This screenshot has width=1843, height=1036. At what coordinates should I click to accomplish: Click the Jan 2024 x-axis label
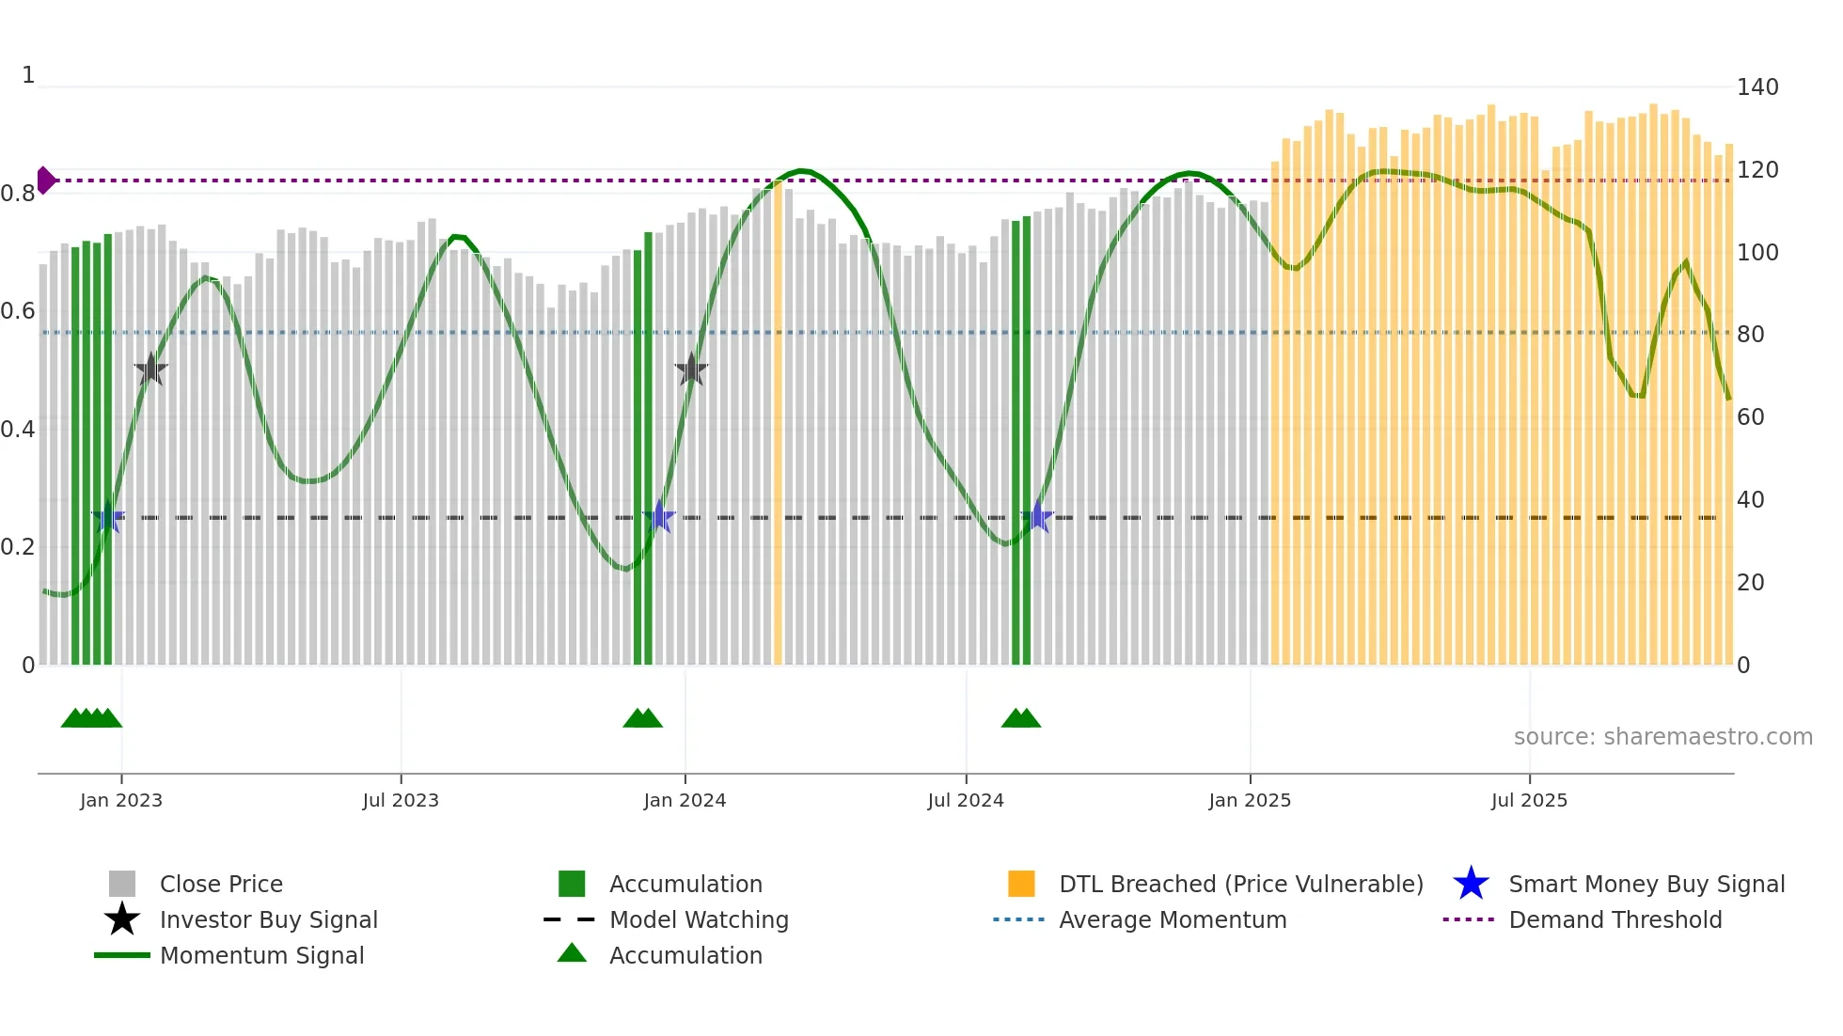685,800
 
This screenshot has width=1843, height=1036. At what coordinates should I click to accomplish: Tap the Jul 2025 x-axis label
1529,800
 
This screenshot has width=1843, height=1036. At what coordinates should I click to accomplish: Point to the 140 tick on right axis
1756,87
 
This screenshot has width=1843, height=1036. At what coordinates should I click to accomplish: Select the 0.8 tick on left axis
18,194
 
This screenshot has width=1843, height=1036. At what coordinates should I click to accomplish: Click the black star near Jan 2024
691,370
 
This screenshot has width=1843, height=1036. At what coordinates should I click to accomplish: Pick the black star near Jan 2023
150,370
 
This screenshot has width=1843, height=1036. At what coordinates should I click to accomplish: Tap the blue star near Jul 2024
1037,517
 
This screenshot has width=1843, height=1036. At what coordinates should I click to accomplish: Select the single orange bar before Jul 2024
778,423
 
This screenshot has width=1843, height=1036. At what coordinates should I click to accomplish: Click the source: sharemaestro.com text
1662,737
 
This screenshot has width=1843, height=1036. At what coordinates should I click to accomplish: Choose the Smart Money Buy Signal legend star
1471,884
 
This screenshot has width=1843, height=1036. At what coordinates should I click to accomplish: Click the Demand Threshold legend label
1615,919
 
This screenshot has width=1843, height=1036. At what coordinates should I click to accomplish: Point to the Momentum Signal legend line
122,955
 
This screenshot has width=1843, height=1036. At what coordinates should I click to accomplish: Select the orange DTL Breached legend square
1021,884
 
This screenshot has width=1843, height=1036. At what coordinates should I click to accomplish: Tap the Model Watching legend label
699,919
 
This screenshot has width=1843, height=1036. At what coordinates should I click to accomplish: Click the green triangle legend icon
572,953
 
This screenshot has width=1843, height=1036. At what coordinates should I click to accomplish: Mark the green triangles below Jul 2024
1020,719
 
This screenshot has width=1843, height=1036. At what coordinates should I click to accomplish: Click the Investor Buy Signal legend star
122,919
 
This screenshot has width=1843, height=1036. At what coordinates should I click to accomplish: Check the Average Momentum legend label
1173,919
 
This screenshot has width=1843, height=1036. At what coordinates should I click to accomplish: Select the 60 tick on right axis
1750,417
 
